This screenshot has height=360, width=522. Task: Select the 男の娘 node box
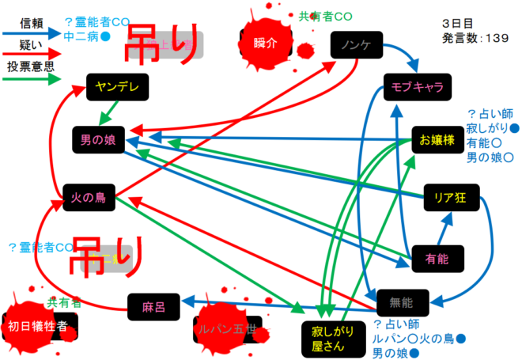coord(98,140)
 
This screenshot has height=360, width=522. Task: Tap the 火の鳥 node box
coord(89,197)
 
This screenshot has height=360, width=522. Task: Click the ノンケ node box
coord(355,44)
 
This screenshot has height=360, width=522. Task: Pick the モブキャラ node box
coord(412,87)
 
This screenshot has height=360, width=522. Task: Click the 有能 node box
coord(437,258)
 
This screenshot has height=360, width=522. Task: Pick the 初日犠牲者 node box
coord(36,324)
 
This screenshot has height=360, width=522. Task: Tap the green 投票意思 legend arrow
coord(32,79)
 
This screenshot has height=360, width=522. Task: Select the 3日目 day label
coord(458,23)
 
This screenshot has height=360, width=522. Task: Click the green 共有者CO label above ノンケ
coord(325,16)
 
